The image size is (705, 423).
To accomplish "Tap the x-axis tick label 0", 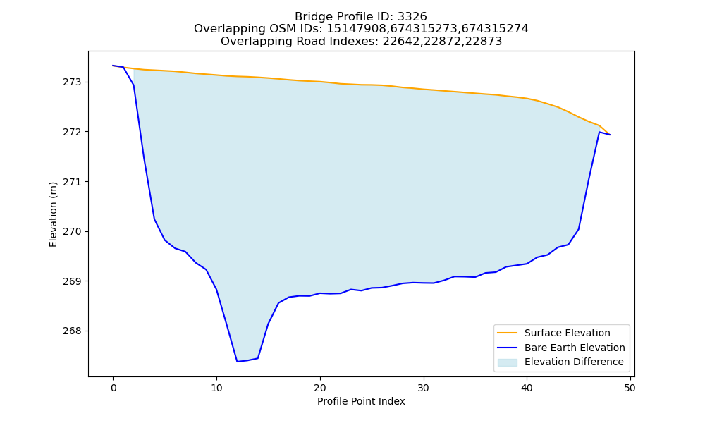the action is click(114, 388).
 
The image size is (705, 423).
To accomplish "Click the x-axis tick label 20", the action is click(320, 388).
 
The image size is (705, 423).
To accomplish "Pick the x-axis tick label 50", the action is click(630, 388).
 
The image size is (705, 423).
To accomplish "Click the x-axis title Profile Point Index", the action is click(361, 401).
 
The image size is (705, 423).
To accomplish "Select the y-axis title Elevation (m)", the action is click(53, 214).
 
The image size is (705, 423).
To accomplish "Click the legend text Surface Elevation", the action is click(568, 333).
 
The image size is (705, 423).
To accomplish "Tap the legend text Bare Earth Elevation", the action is click(575, 348).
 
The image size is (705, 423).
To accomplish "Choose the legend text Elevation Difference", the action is click(574, 362).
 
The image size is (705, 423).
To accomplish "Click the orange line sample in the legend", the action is click(507, 333).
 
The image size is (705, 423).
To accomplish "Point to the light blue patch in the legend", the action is click(507, 362).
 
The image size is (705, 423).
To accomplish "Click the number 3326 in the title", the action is click(412, 17).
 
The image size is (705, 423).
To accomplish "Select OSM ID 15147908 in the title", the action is click(357, 29).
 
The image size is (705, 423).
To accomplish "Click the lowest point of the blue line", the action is click(237, 362).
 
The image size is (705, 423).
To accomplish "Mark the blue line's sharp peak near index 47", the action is click(599, 132).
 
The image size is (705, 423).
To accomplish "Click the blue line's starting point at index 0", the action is click(114, 66).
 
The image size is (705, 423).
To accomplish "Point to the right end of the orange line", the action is click(610, 135).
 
